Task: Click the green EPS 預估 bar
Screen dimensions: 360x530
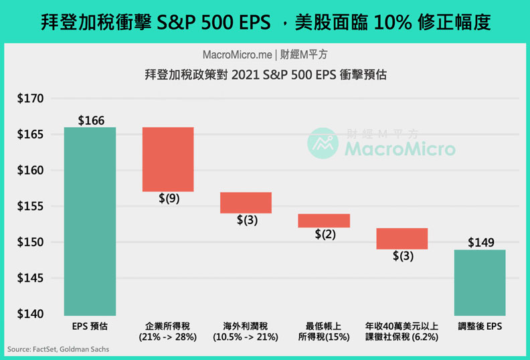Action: (x=90, y=221)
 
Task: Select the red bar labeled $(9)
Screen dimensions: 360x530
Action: (x=168, y=159)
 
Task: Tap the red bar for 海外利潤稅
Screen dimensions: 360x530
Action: (x=246, y=203)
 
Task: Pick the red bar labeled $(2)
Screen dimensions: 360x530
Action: (x=324, y=221)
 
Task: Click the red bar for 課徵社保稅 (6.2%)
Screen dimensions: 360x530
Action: (x=402, y=239)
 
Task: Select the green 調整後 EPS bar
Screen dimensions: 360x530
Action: (x=480, y=282)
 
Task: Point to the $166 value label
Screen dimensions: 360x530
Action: (x=90, y=120)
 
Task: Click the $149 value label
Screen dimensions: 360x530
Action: (x=480, y=243)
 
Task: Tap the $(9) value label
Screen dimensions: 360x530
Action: (x=169, y=199)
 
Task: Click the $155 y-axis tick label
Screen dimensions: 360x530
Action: (x=30, y=207)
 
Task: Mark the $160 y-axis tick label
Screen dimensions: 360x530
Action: (x=30, y=171)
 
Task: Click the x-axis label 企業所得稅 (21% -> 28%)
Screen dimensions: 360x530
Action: (x=168, y=331)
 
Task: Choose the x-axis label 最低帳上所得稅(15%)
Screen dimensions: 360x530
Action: (x=324, y=331)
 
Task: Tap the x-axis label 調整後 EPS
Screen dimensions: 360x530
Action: (x=480, y=326)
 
